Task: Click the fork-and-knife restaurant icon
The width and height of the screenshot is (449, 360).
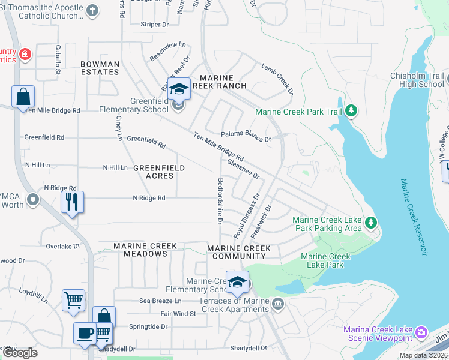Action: click(72, 202)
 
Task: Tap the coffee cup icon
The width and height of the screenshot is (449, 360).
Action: click(85, 332)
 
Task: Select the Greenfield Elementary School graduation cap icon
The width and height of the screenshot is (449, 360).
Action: click(179, 89)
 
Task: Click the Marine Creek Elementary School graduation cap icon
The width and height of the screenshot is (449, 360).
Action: click(237, 281)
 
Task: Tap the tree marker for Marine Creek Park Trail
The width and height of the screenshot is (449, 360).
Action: click(351, 111)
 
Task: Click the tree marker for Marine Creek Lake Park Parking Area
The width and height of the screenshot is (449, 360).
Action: click(371, 223)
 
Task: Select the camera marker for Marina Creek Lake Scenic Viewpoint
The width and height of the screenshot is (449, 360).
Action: click(421, 332)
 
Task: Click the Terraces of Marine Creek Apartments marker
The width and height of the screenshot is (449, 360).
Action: click(277, 304)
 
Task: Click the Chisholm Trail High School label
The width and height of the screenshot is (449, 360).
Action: click(417, 80)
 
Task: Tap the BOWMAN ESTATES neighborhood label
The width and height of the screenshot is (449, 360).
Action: click(100, 68)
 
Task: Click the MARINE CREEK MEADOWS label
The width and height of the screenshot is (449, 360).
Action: click(145, 250)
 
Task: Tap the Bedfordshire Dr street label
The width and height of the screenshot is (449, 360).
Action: click(220, 201)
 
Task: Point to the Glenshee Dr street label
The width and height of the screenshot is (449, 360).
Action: click(243, 168)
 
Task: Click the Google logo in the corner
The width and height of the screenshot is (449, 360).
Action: click(20, 353)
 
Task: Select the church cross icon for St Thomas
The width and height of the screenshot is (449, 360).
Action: click(92, 10)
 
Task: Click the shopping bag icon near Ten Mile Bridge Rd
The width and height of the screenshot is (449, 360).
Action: click(23, 96)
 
